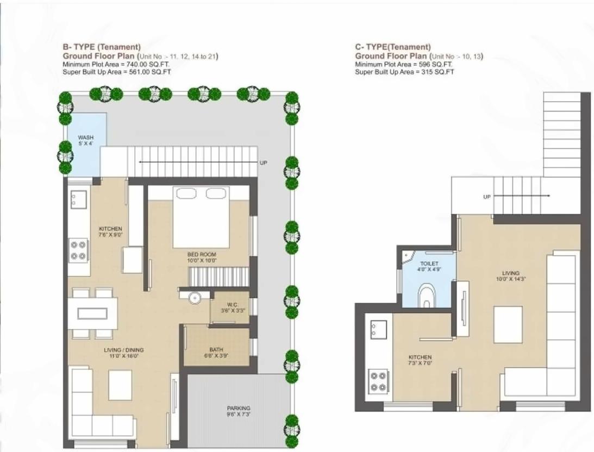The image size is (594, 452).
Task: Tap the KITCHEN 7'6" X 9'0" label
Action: point(110,232)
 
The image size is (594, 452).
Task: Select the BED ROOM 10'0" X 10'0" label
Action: point(202,258)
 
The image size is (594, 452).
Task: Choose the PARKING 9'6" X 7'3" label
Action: point(239,411)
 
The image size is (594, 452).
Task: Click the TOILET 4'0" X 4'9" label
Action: point(429,266)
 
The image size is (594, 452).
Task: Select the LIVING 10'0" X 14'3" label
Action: point(510,276)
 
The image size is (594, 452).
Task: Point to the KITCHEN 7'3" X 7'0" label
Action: point(420,361)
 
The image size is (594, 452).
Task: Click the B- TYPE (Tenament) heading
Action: point(102,47)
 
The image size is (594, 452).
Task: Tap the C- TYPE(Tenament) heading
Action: point(393,47)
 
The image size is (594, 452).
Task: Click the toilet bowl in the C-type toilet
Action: point(427,297)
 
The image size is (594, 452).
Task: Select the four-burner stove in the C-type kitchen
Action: point(378,381)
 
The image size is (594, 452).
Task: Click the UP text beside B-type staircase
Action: point(264,162)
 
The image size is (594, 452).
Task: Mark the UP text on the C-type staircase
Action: point(486,197)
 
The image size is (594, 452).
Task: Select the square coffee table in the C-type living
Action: point(508,324)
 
